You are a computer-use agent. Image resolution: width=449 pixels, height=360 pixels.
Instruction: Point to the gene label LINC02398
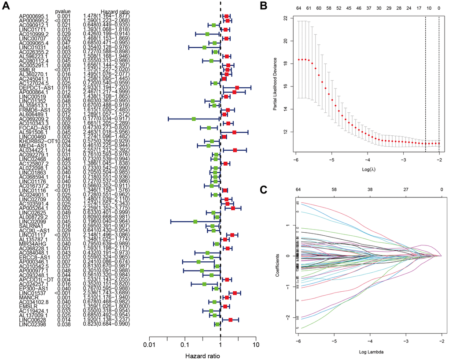[x=32, y=324]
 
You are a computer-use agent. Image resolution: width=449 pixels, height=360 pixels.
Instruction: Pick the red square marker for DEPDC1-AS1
[x=237, y=88]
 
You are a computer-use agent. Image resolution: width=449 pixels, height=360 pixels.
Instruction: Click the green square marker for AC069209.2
[x=193, y=119]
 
